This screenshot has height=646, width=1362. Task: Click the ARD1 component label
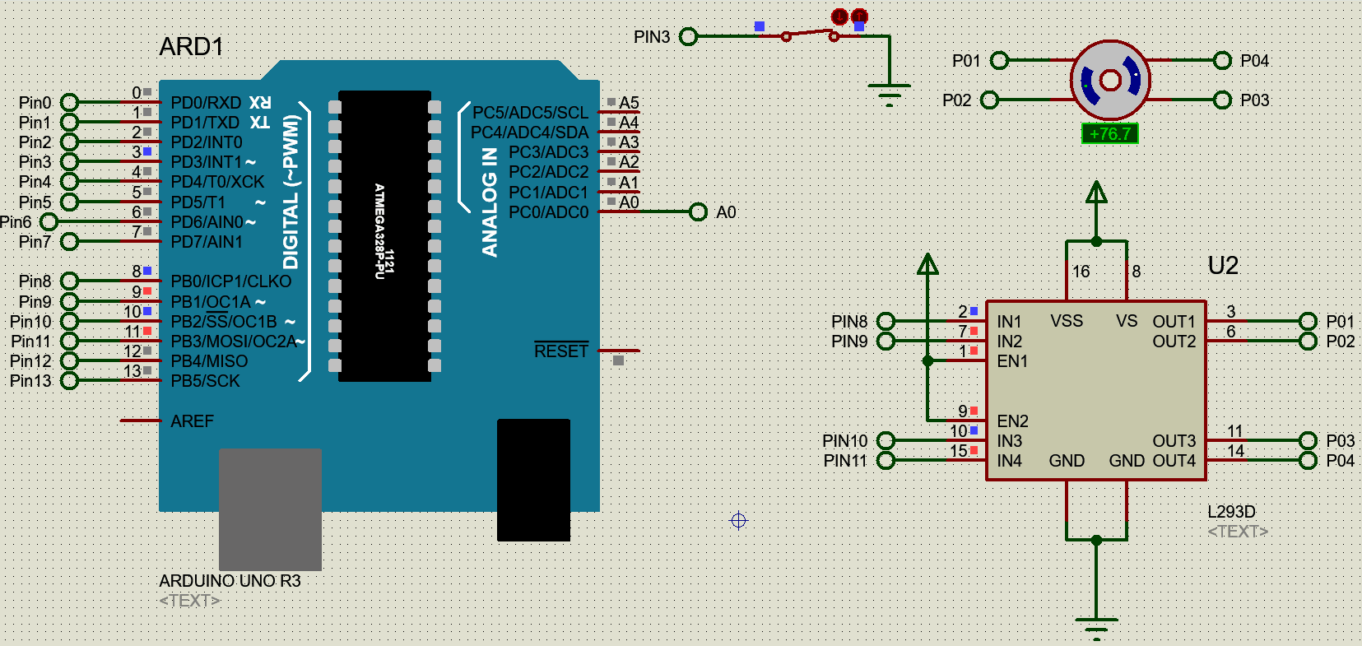191,47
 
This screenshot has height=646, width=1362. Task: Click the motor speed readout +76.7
1109,133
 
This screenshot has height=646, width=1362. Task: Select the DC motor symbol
1109,81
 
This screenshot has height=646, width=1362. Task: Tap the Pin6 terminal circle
49,221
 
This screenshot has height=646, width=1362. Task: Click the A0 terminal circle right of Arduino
698,212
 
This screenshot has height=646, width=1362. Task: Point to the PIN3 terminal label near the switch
652,37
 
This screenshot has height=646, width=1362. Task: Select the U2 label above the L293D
1223,265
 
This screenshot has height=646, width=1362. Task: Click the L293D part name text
1231,511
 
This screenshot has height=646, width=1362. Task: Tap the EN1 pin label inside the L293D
1012,361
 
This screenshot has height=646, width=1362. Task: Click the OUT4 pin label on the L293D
1174,461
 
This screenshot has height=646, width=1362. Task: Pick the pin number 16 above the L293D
1081,272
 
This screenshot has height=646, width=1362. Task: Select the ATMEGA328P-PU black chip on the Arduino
384,235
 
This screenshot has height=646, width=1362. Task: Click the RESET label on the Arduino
561,351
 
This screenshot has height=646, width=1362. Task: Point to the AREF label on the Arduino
192,421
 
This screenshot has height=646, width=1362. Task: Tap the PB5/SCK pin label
205,381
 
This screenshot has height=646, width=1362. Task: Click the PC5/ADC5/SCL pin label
530,113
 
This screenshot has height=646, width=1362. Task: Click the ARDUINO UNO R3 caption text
230,581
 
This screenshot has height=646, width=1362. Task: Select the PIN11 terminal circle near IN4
886,461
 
